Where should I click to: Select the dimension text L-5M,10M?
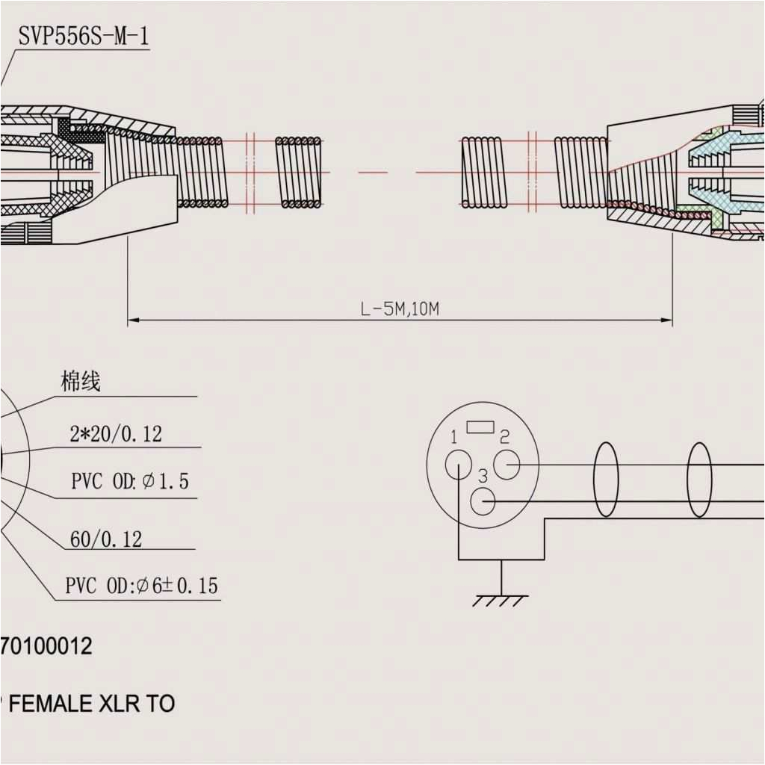(x=400, y=309)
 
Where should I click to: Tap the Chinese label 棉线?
(x=80, y=382)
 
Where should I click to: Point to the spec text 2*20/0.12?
(x=116, y=434)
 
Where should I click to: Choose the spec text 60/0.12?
(x=106, y=539)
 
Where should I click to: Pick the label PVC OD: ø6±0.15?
(x=141, y=586)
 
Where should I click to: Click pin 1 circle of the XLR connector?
(x=458, y=466)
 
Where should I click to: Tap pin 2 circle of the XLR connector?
(x=507, y=465)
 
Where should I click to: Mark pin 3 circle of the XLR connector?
(x=484, y=501)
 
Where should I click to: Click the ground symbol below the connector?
(x=501, y=598)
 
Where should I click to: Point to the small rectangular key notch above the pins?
(x=480, y=427)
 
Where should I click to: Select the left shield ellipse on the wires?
(x=606, y=480)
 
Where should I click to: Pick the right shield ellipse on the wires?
(x=699, y=480)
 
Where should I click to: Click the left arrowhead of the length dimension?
(x=133, y=320)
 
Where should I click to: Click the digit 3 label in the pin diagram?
(x=483, y=476)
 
